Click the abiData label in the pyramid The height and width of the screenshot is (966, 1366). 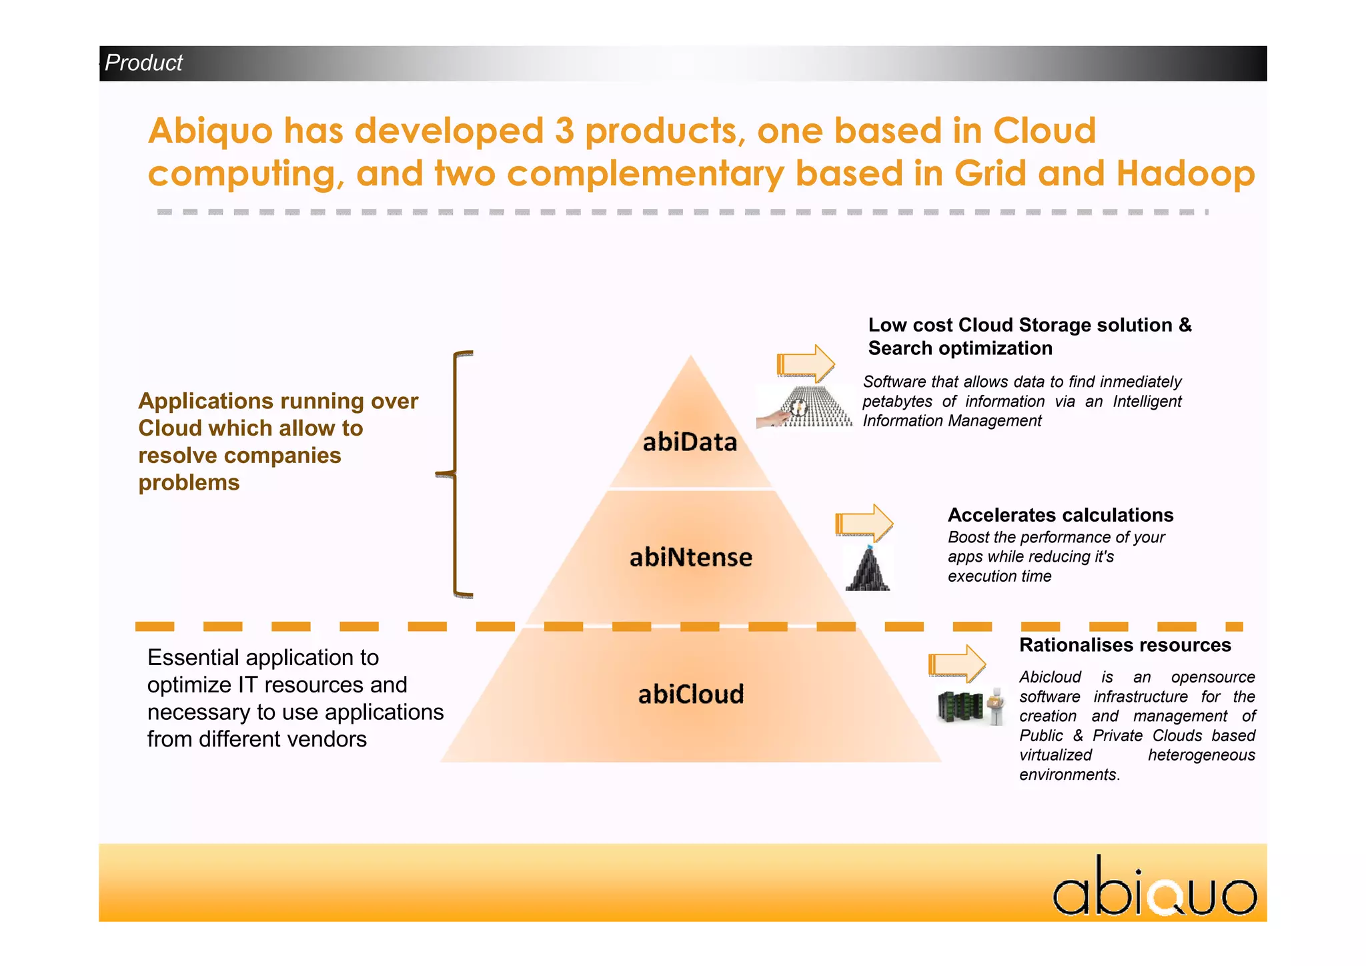690,442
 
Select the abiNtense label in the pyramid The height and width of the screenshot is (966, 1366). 690,557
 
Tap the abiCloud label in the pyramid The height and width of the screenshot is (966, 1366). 690,694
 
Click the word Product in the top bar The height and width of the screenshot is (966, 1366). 143,63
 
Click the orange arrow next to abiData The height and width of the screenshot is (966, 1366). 806,364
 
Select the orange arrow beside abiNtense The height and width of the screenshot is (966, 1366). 864,522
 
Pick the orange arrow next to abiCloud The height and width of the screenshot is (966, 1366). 956,664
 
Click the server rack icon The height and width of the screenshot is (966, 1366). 960,706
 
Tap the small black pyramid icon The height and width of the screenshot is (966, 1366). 868,569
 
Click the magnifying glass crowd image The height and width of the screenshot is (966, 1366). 804,408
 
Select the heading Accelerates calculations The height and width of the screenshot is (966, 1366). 1060,515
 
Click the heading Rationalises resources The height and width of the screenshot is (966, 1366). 1125,645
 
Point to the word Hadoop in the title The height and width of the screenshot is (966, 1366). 1185,173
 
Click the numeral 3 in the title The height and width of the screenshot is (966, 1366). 564,131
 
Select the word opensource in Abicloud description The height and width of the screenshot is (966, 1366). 1213,677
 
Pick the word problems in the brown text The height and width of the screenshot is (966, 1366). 189,482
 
